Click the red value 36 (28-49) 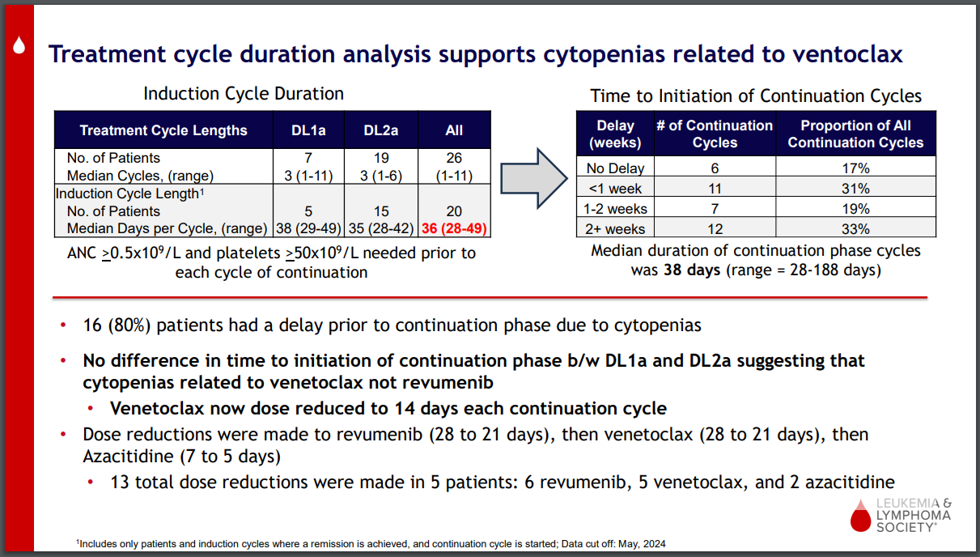[454, 228]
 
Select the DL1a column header [308, 130]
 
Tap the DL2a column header [380, 130]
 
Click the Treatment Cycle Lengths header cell [163, 130]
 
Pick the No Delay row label [615, 168]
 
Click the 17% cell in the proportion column [855, 168]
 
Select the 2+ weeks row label [615, 228]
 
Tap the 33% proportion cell [855, 228]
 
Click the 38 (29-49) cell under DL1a [308, 228]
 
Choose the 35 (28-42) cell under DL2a [380, 228]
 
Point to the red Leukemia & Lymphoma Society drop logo [858, 515]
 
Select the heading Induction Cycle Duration [244, 94]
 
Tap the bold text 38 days [690, 270]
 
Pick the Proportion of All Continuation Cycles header [855, 134]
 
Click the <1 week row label [615, 189]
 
